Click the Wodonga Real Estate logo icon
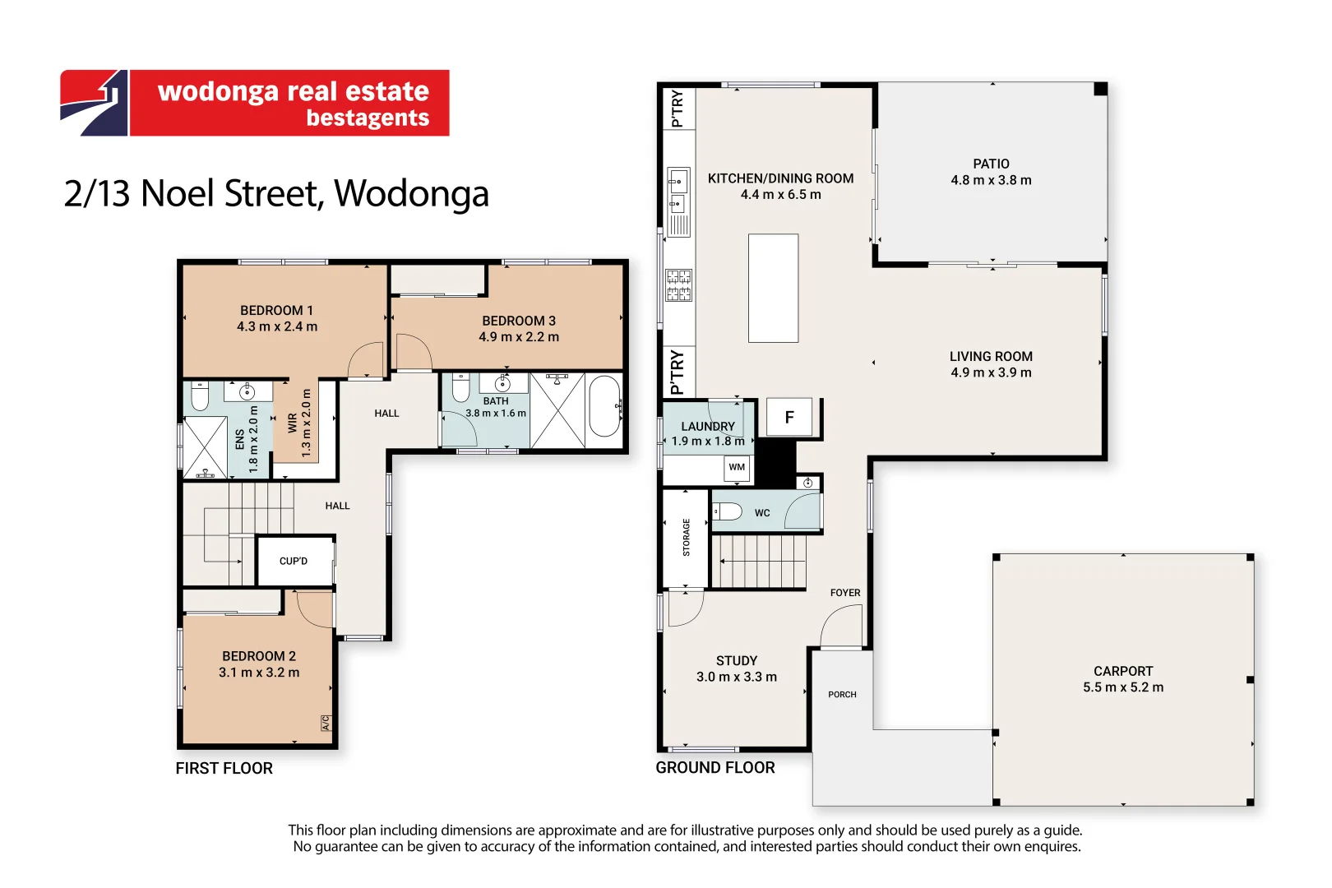(x=94, y=103)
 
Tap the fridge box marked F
(x=789, y=417)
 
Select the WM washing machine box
(x=737, y=468)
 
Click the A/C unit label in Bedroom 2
(x=326, y=723)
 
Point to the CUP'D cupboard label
(x=294, y=561)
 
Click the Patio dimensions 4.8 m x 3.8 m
(x=991, y=180)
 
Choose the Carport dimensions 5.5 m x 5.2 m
(x=1122, y=687)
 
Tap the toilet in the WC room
(x=727, y=511)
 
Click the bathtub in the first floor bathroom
(x=605, y=406)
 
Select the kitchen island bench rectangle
(x=773, y=288)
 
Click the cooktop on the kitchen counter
(x=678, y=284)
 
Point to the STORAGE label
(x=687, y=538)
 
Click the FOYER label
(x=845, y=593)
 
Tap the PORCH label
(x=842, y=695)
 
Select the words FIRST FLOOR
(x=224, y=769)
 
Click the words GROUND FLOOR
(x=715, y=768)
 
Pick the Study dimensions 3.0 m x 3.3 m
(x=737, y=678)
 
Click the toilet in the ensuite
(x=200, y=396)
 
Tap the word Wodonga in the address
(x=411, y=194)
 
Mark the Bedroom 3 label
(x=519, y=321)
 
